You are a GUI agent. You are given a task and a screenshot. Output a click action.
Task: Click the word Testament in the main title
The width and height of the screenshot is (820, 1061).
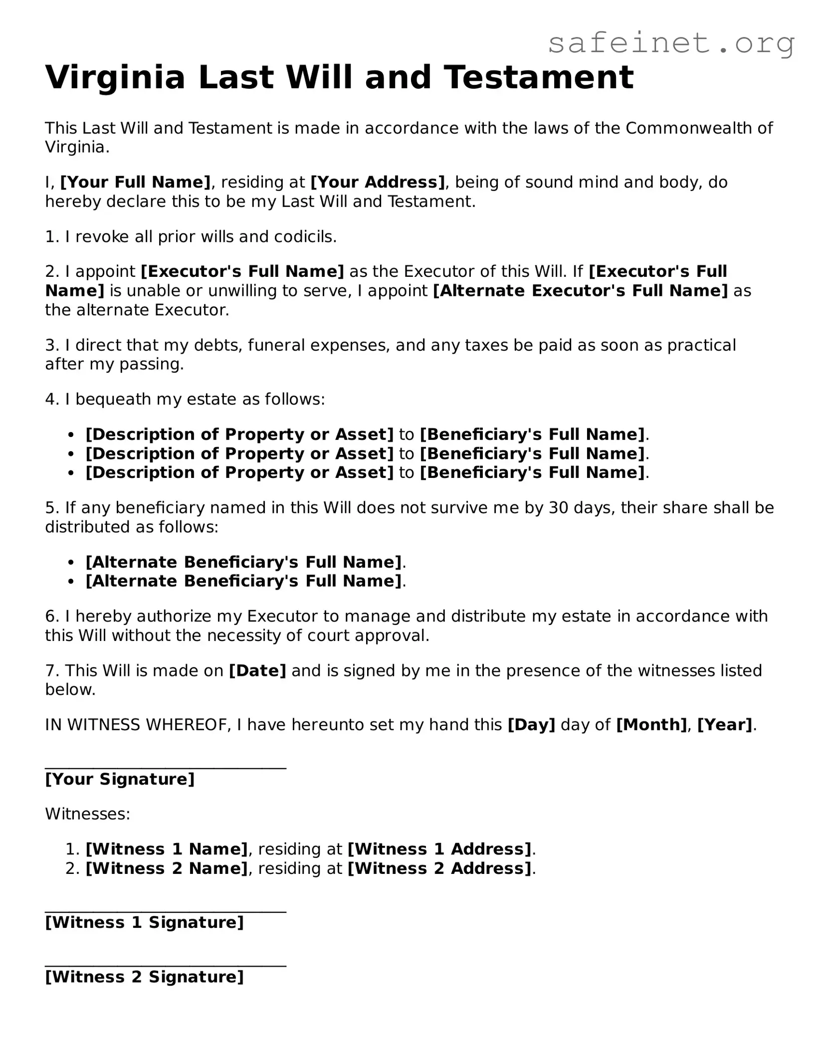pos(539,77)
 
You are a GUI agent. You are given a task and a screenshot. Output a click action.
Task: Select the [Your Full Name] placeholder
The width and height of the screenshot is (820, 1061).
pos(135,182)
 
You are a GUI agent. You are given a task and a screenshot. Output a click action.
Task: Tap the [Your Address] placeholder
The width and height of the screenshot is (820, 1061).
pos(378,182)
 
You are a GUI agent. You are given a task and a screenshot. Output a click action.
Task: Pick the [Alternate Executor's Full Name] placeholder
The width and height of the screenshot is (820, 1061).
pos(581,290)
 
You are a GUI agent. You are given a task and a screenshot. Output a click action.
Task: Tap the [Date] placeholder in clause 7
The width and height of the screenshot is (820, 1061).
pos(257,670)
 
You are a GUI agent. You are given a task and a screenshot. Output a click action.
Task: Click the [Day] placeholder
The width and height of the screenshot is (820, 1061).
pos(531,725)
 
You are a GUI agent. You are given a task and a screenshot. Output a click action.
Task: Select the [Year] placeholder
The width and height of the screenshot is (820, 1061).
pos(725,725)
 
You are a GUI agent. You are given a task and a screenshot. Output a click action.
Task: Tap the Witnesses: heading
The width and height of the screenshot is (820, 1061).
pos(88,814)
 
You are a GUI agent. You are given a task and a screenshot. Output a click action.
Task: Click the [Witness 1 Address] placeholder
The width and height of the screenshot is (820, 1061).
pos(439,849)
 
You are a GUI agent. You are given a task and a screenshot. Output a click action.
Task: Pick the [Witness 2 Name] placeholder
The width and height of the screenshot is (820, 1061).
pos(167,868)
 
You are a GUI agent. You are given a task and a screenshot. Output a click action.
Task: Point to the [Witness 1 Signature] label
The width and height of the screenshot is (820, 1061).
pos(145,922)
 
